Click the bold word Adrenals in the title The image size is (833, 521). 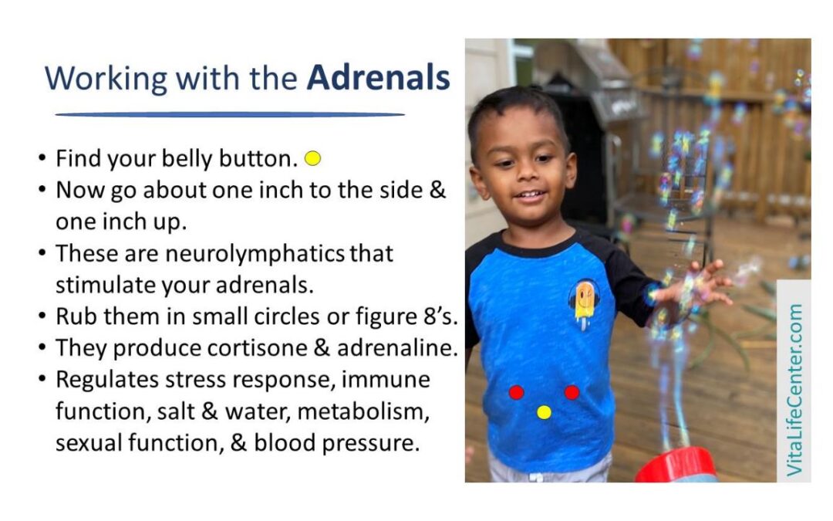pyautogui.click(x=378, y=78)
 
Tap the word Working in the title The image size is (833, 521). pyautogui.click(x=106, y=80)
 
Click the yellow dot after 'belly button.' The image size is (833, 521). pyautogui.click(x=313, y=158)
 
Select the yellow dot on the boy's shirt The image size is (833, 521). pyautogui.click(x=544, y=412)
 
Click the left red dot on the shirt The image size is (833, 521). pyautogui.click(x=516, y=392)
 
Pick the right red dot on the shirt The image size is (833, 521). pyautogui.click(x=572, y=392)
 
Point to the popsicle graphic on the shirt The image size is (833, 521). pyautogui.click(x=584, y=304)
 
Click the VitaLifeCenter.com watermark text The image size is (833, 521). pyautogui.click(x=794, y=390)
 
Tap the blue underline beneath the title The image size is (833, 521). pyautogui.click(x=230, y=114)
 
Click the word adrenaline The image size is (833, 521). pyautogui.click(x=397, y=348)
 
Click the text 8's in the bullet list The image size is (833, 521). pyautogui.click(x=440, y=317)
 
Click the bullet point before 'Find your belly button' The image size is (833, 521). pyautogui.click(x=42, y=158)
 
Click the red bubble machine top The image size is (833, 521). pyautogui.click(x=676, y=465)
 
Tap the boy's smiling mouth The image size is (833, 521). pyautogui.click(x=530, y=195)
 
